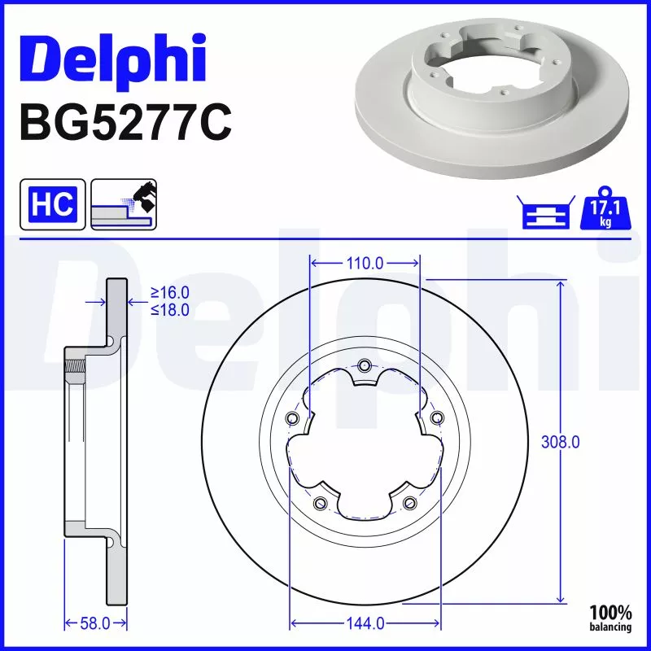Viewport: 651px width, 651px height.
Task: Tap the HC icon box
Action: pos(53,205)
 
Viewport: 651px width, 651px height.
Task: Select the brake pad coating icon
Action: pos(124,205)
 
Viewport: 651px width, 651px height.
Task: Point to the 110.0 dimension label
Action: pos(365,263)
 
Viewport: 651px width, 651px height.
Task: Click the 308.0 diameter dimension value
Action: pos(561,442)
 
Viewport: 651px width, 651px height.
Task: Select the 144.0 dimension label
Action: pos(365,624)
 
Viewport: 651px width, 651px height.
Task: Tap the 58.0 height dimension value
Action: pos(96,624)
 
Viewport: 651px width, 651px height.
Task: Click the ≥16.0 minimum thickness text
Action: pos(169,292)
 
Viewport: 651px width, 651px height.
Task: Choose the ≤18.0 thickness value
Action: pos(169,309)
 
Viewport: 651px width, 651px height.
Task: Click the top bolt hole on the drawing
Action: pos(365,365)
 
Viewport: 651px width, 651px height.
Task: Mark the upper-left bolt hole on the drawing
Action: pos(293,418)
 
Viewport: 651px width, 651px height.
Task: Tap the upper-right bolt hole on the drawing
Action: pos(437,418)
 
